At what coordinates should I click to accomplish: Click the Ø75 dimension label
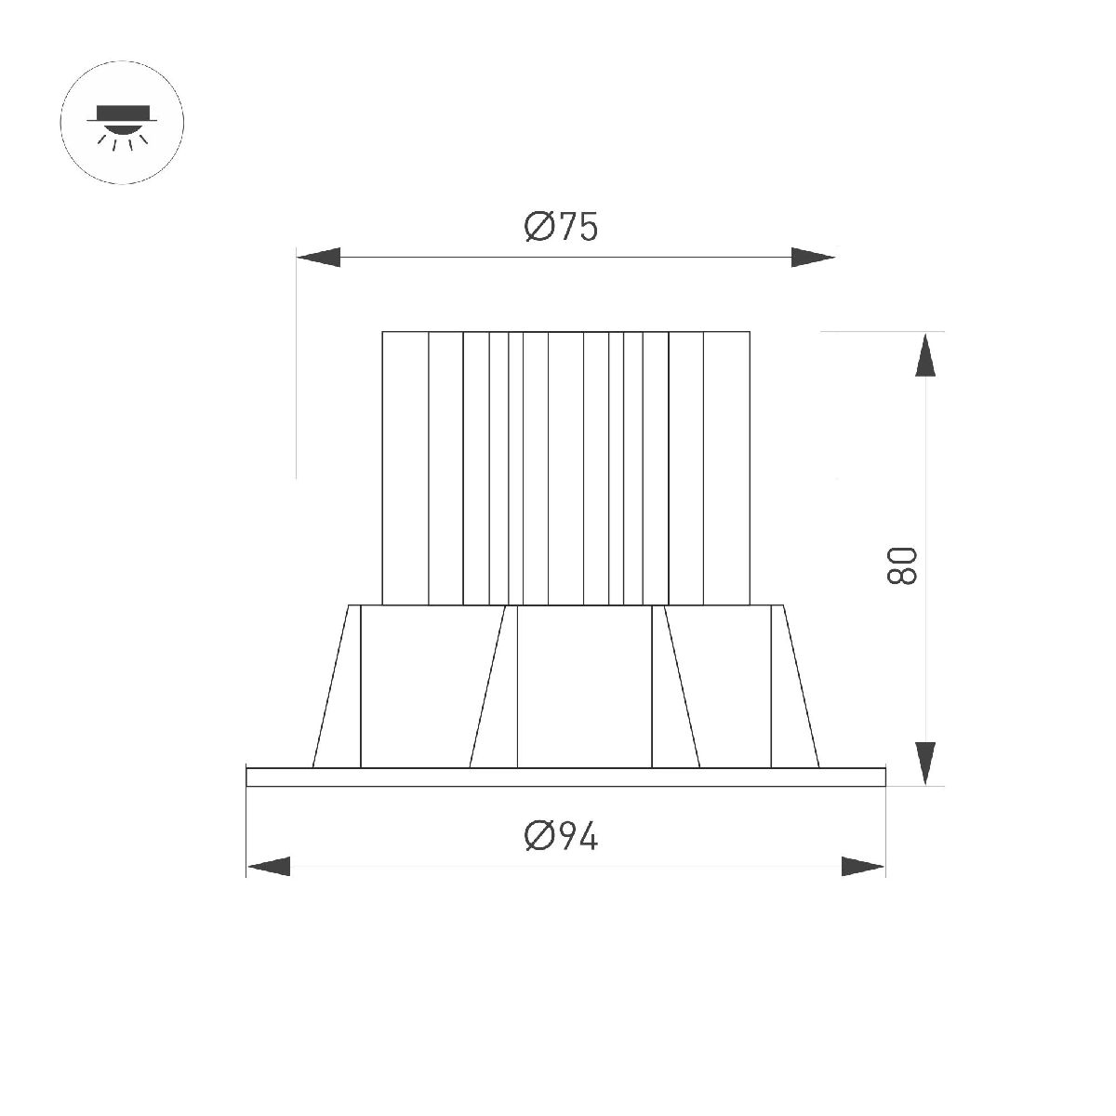(x=561, y=226)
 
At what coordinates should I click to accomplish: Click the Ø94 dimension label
(x=561, y=836)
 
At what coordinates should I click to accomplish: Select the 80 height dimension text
(x=902, y=565)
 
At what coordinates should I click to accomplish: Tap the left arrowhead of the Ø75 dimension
(x=319, y=257)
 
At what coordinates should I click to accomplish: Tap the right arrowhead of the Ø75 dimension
(x=813, y=257)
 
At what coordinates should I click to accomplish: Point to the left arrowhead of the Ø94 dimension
(x=269, y=867)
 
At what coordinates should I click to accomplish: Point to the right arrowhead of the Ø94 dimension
(x=863, y=867)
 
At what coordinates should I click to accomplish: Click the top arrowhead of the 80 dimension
(x=925, y=355)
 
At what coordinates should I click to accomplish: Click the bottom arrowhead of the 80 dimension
(x=925, y=764)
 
